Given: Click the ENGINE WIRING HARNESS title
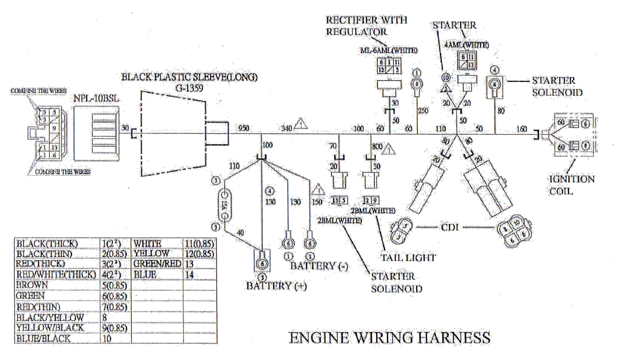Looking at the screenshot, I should (x=389, y=338).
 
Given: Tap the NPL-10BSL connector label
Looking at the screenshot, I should (x=96, y=98).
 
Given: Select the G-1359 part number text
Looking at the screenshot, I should (x=189, y=88).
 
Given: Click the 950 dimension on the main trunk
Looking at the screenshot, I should (x=243, y=128).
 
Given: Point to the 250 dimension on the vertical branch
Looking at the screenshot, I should (x=423, y=111).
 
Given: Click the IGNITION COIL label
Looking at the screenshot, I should (x=571, y=185).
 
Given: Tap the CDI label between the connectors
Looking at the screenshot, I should (x=450, y=227).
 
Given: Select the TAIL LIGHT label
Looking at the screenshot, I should (x=408, y=258).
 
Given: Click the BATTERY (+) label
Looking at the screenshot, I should (x=276, y=286).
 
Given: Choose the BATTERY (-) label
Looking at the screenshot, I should (x=319, y=266).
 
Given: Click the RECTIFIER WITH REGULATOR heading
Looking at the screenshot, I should (x=366, y=26).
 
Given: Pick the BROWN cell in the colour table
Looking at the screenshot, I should (x=32, y=285).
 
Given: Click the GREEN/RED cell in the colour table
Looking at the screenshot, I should (x=157, y=264).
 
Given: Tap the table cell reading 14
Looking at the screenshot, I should (x=190, y=275).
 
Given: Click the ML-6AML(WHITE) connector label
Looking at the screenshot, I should (x=389, y=50).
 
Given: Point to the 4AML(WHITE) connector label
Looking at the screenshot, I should (x=466, y=45).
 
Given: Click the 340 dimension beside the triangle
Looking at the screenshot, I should (x=286, y=128).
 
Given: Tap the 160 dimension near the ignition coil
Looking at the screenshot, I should (x=521, y=129).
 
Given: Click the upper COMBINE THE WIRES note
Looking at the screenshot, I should (x=38, y=91).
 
